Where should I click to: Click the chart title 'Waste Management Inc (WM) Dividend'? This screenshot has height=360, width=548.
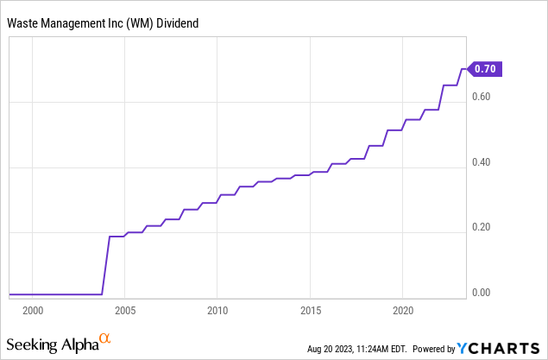[103, 22]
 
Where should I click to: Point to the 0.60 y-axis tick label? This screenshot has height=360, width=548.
[482, 97]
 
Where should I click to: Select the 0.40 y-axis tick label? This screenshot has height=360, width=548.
[482, 162]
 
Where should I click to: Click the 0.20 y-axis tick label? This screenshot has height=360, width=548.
[482, 228]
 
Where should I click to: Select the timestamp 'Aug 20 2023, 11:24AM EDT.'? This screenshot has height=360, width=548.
[357, 350]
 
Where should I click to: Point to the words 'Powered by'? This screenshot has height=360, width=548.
[434, 350]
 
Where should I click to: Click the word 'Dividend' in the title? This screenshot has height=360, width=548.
[179, 22]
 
